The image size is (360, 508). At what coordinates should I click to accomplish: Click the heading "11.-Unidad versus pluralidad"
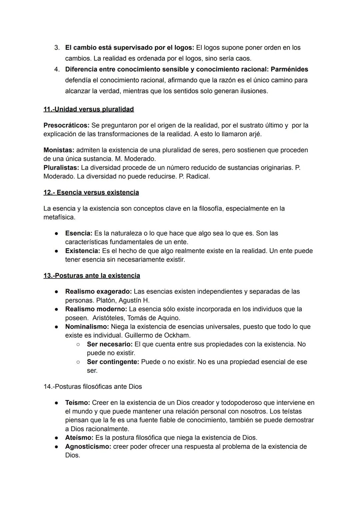(x=89, y=109)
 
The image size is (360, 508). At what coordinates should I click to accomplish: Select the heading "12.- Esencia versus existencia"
(x=91, y=193)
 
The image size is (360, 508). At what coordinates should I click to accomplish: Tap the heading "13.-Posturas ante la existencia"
(x=92, y=276)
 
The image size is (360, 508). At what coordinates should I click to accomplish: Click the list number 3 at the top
(x=57, y=48)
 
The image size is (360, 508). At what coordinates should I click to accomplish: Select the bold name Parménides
(x=289, y=69)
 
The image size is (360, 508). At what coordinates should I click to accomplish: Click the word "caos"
(x=243, y=59)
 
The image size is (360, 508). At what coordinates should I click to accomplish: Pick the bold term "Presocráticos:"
(x=66, y=126)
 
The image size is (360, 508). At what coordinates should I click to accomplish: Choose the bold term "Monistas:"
(x=59, y=150)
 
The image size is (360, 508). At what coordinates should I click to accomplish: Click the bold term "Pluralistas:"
(x=61, y=168)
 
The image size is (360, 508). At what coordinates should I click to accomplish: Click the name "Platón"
(x=106, y=300)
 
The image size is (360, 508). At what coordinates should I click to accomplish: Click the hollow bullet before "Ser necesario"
(x=78, y=344)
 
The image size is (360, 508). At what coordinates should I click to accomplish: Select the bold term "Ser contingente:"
(x=113, y=362)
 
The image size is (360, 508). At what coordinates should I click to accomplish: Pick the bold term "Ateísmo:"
(x=79, y=438)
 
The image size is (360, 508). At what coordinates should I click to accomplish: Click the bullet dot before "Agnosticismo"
(x=57, y=447)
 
